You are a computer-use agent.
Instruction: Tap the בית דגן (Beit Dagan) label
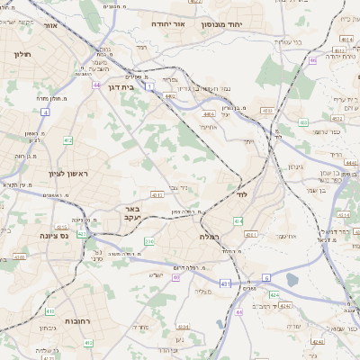point(120,88)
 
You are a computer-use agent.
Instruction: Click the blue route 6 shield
point(266,278)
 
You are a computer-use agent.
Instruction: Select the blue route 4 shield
point(45,112)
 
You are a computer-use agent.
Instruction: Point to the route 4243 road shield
point(283,306)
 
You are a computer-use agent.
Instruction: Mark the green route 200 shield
point(149,242)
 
